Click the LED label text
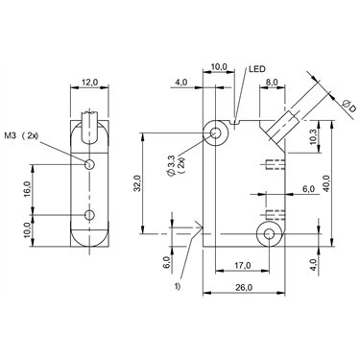[x=257, y=69]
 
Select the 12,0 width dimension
[x=89, y=83]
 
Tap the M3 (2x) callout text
[x=21, y=136]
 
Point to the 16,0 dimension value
[x=27, y=189]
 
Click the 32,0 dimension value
[x=137, y=183]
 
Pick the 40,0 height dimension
[x=325, y=183]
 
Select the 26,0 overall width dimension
[x=244, y=288]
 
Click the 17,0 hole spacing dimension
[x=242, y=265]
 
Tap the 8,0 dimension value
[x=272, y=82]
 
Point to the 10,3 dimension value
[x=315, y=136]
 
